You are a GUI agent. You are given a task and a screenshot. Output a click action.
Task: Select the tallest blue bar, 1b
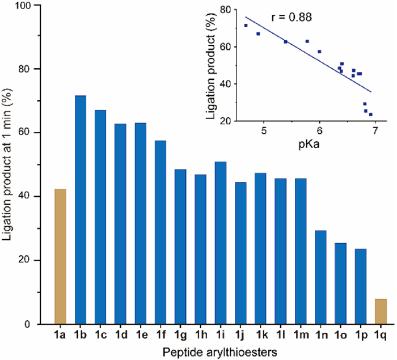tap(81, 210)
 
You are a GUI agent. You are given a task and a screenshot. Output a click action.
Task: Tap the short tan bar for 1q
tap(381, 311)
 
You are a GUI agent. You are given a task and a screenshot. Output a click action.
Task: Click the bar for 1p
tap(361, 286)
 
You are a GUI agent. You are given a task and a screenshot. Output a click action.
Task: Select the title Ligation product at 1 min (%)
tap(10, 164)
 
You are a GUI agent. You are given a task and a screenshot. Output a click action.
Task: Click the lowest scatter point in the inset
tap(371, 114)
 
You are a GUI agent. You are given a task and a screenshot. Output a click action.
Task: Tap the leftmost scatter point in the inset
tap(246, 26)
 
